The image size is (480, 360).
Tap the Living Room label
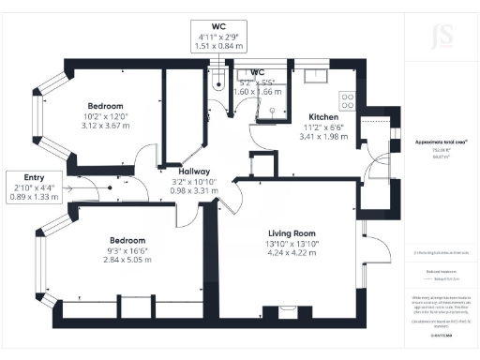point(292,232)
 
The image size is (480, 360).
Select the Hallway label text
point(174,172)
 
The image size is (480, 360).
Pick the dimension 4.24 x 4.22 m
point(292,251)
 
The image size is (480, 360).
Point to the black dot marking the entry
point(111,187)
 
